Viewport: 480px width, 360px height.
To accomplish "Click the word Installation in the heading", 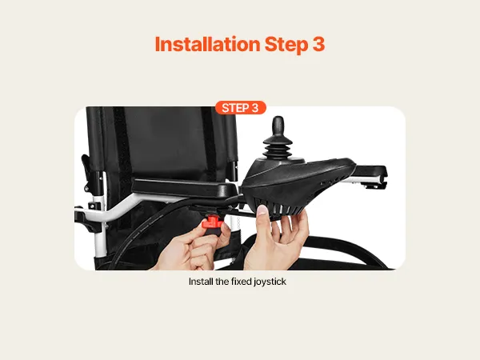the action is click(207, 44).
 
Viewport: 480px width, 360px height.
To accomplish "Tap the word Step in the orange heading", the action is click(286, 45).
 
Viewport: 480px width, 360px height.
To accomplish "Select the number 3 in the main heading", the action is click(318, 44).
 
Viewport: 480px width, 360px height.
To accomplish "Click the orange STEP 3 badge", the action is click(240, 108).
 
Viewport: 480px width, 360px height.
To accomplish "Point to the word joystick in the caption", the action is click(270, 282).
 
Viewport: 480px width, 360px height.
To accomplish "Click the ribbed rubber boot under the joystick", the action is click(278, 148).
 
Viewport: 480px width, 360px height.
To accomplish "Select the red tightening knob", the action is click(211, 222).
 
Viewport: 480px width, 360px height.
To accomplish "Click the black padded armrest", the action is click(185, 188).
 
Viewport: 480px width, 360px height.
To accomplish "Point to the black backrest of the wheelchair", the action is click(162, 144).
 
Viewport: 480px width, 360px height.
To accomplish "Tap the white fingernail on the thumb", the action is click(262, 210).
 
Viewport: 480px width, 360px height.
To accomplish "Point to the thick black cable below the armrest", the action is click(141, 226).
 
